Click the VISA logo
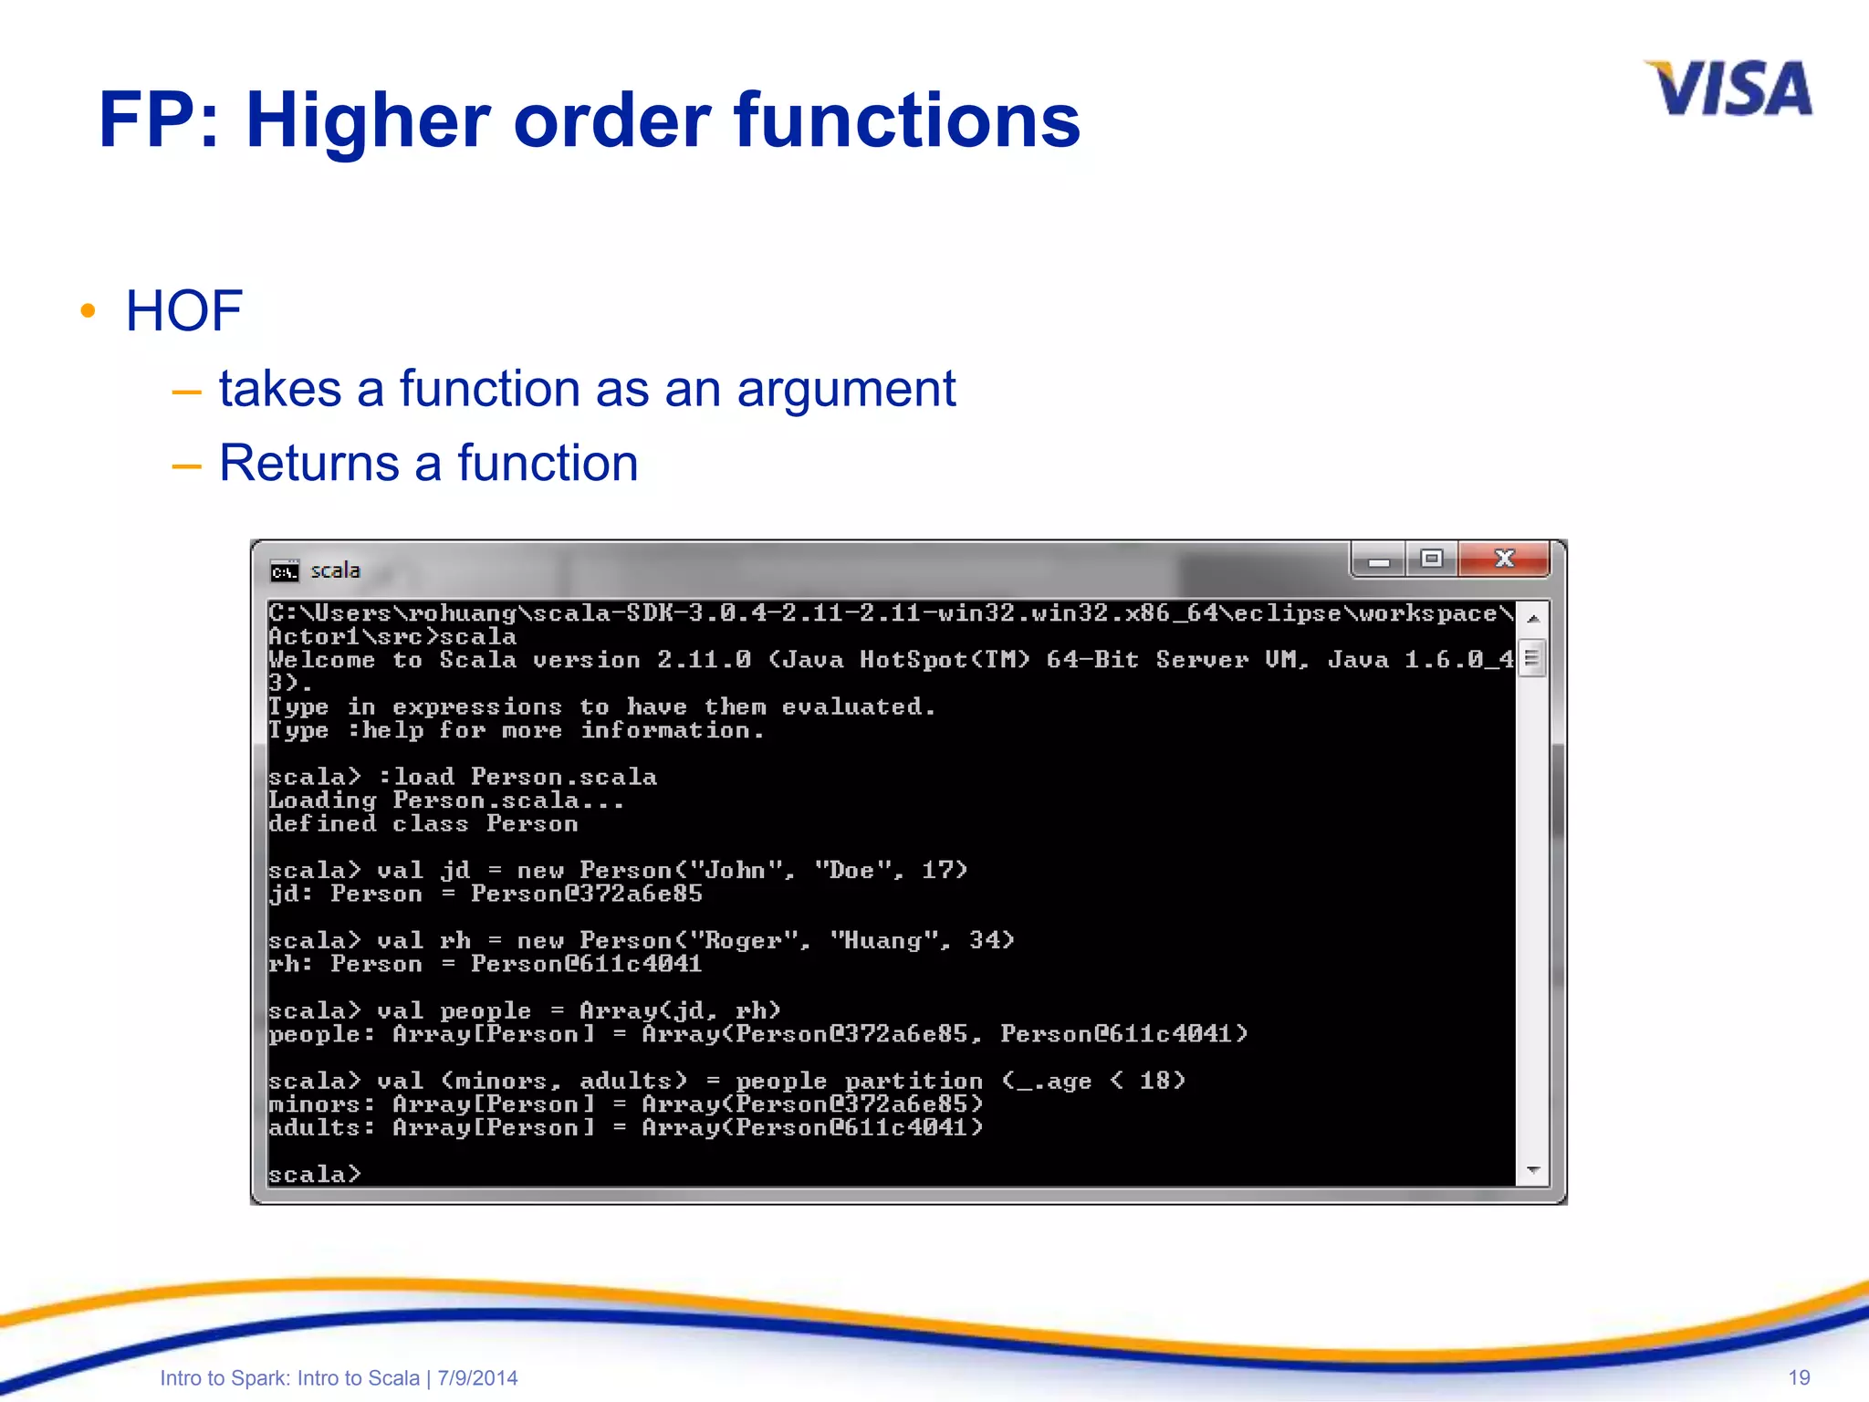click(x=1728, y=89)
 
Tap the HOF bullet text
click(x=183, y=310)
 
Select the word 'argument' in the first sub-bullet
click(x=846, y=390)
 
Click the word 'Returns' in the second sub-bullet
click(x=308, y=463)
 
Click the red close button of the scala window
click(x=1504, y=559)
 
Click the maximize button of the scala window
click(x=1431, y=559)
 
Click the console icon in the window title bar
click(x=284, y=571)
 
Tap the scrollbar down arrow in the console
click(x=1533, y=1169)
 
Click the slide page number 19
click(x=1799, y=1377)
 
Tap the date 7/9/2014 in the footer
click(x=477, y=1378)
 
